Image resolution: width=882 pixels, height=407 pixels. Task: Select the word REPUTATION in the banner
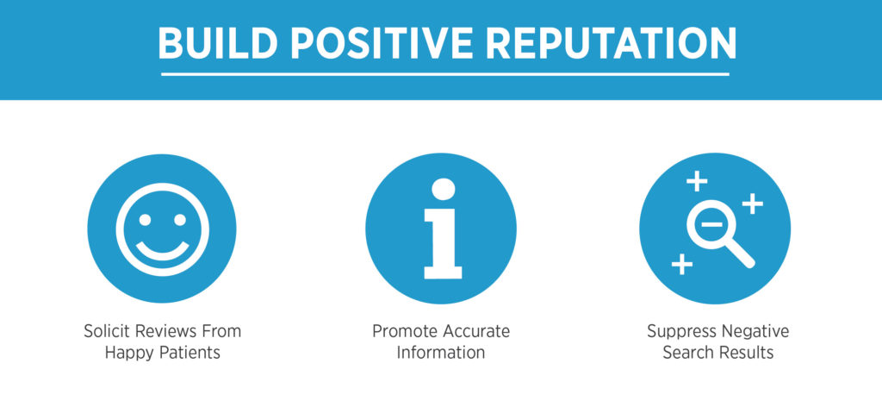[x=611, y=43]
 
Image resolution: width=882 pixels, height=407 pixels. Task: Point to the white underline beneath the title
[x=445, y=74]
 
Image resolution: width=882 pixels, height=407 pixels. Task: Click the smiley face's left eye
[x=145, y=220]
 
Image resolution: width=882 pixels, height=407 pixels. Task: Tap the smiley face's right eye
[x=180, y=220]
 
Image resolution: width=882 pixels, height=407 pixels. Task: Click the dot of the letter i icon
[x=444, y=189]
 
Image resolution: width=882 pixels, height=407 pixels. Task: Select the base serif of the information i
[x=443, y=272]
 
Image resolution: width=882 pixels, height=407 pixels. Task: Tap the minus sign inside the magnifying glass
[x=712, y=224]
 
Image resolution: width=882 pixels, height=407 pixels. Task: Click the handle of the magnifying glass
[x=740, y=255]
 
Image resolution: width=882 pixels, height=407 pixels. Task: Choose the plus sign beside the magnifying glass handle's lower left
[x=682, y=264]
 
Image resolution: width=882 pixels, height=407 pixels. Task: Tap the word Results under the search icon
[x=747, y=354]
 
